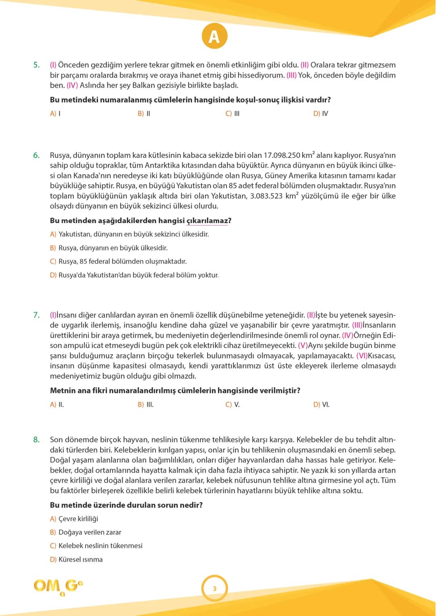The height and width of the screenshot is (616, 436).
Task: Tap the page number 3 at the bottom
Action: pyautogui.click(x=214, y=589)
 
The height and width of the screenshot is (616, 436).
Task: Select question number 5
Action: pyautogui.click(x=36, y=65)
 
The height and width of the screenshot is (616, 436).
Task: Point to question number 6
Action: pyautogui.click(x=36, y=155)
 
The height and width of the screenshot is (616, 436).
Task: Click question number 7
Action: pyautogui.click(x=36, y=315)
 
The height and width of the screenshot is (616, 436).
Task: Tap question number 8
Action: pyautogui.click(x=36, y=440)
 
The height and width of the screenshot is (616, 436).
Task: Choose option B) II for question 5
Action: pyautogui.click(x=144, y=114)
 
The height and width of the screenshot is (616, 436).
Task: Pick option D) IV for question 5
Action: pyautogui.click(x=321, y=114)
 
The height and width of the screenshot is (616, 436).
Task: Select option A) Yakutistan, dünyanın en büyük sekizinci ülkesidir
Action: pyautogui.click(x=129, y=234)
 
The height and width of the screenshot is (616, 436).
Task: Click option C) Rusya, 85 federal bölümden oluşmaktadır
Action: pyautogui.click(x=118, y=261)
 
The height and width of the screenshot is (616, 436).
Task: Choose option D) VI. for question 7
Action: pyautogui.click(x=321, y=405)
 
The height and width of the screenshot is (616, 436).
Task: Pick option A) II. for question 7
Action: pyautogui.click(x=57, y=405)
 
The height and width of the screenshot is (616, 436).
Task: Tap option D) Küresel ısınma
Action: pyautogui.click(x=76, y=560)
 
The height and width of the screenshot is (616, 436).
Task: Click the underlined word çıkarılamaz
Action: pyautogui.click(x=207, y=221)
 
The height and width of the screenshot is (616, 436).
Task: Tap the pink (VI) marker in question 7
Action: pyautogui.click(x=362, y=356)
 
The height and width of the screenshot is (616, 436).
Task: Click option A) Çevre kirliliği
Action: pyautogui.click(x=74, y=519)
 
